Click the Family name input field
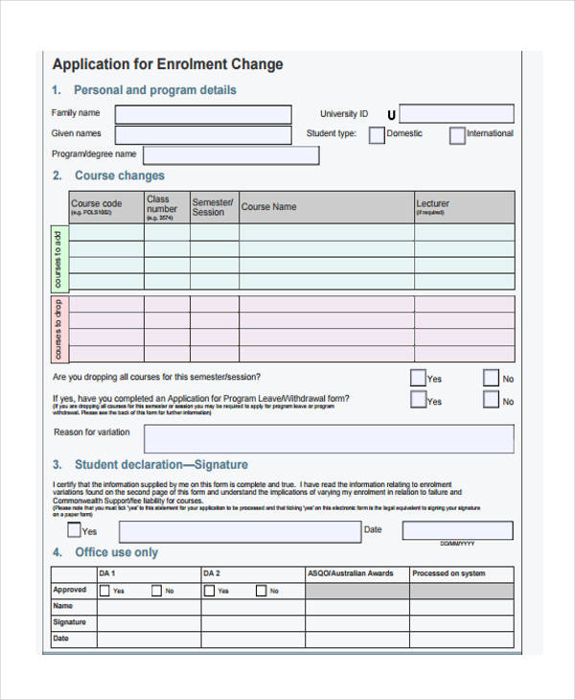click(203, 114)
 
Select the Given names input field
click(203, 135)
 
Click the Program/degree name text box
click(230, 154)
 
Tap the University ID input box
click(456, 114)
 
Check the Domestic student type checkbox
click(377, 135)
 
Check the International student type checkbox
click(457, 135)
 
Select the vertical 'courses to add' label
click(57, 259)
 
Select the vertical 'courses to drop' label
click(57, 329)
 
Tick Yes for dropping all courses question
click(418, 378)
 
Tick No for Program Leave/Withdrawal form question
click(491, 401)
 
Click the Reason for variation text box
click(329, 438)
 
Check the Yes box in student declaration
click(74, 529)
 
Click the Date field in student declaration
click(457, 530)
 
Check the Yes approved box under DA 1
click(104, 591)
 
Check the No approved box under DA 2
click(260, 591)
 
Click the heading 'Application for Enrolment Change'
click(168, 65)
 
